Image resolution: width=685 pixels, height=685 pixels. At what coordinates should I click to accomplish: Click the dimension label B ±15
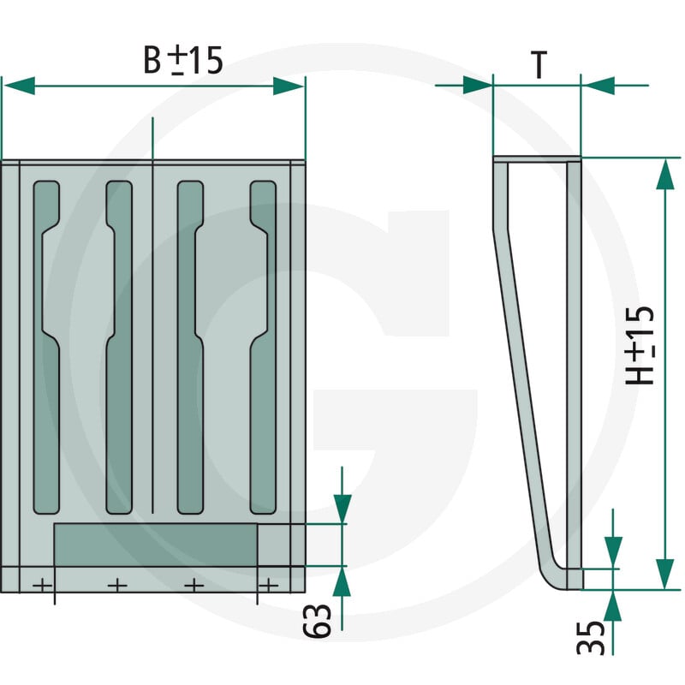tap(183, 60)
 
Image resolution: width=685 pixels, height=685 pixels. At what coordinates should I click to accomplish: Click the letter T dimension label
tap(539, 64)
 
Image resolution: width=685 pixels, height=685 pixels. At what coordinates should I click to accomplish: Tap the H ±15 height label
tap(640, 345)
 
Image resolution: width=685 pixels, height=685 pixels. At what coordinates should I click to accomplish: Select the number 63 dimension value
tap(317, 620)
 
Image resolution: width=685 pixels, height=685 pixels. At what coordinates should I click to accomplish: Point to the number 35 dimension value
tap(591, 637)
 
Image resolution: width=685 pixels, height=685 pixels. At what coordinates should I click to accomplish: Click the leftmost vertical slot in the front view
tap(46, 348)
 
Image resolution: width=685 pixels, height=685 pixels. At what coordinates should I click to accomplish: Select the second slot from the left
tap(119, 348)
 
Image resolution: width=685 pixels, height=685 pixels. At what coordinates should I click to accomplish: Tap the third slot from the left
tap(190, 348)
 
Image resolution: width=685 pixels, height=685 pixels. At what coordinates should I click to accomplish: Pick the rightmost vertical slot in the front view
tap(263, 348)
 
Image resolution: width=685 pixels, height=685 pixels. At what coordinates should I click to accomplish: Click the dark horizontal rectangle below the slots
tap(156, 545)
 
